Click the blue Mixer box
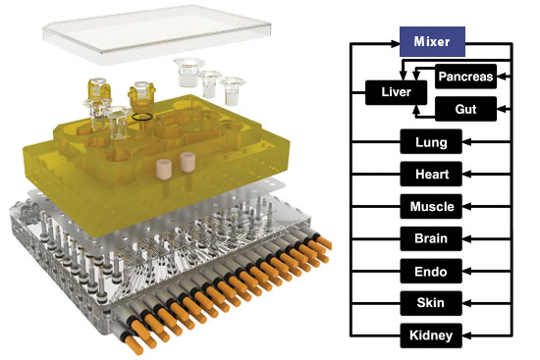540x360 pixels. [x=432, y=41]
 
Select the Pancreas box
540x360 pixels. [x=465, y=77]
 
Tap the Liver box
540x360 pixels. [x=396, y=92]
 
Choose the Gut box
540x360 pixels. [x=465, y=109]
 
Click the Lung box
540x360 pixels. [x=431, y=142]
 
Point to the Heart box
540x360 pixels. [x=431, y=175]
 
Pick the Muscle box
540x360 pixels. [x=431, y=207]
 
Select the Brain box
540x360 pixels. [x=431, y=238]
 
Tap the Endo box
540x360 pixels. [x=431, y=271]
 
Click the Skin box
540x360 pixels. [x=431, y=303]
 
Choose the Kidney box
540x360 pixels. [x=431, y=335]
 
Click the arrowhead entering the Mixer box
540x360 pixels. [x=395, y=43]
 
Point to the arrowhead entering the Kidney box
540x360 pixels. [x=466, y=335]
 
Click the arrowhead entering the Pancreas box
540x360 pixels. [x=502, y=77]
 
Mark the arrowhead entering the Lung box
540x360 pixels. [x=466, y=142]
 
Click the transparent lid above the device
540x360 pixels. [x=157, y=34]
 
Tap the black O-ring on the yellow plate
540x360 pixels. [x=142, y=117]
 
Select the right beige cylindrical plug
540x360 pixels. [x=188, y=163]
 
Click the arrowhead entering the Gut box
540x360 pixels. [x=502, y=109]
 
